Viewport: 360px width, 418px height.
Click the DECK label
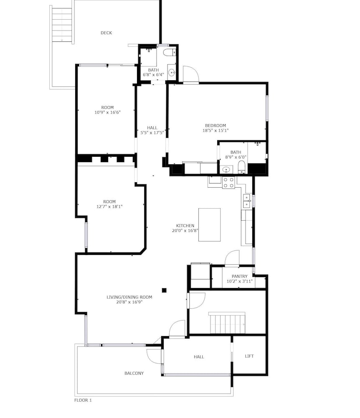[106, 33]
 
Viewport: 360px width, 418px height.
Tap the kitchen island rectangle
[209, 225]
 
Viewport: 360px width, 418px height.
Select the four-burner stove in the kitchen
[228, 183]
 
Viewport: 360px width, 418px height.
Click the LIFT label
[249, 356]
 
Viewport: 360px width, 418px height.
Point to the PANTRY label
[239, 276]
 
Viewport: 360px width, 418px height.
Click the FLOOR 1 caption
[83, 400]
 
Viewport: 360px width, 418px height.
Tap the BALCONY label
[134, 373]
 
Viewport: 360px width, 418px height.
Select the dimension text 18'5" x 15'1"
[215, 130]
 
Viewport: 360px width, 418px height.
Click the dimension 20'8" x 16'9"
[129, 302]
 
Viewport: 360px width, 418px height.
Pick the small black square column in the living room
[164, 291]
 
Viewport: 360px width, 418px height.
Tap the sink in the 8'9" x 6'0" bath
[226, 170]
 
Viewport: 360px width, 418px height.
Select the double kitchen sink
[246, 201]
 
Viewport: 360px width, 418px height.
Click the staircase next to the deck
[62, 25]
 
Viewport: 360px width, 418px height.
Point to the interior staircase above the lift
[227, 323]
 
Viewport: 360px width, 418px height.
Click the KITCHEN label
[185, 226]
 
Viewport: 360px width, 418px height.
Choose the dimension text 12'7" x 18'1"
[109, 206]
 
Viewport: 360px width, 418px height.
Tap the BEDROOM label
[215, 125]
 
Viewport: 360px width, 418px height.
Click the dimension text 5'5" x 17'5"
[152, 133]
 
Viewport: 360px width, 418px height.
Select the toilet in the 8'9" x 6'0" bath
[242, 166]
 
